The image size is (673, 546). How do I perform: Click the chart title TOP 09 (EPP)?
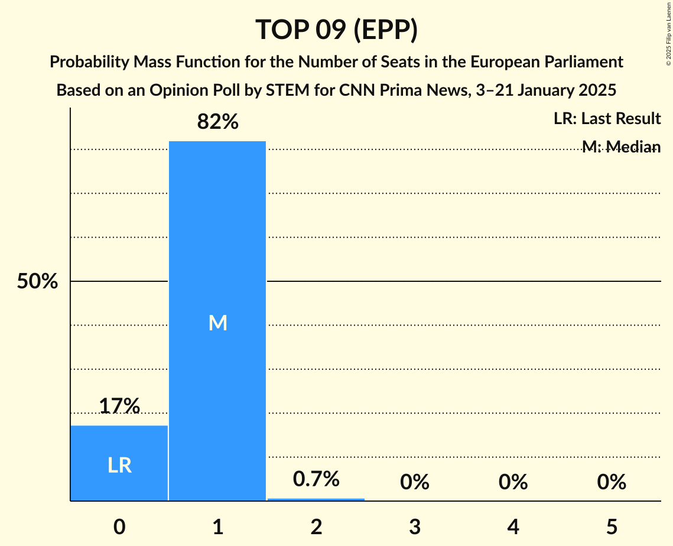336,30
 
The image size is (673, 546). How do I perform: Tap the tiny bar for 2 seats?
316,499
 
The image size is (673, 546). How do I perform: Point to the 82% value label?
217,122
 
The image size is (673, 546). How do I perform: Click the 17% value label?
119,406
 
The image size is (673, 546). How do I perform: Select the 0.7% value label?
316,479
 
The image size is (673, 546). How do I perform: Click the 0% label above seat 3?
414,482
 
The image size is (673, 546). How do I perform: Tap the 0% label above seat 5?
611,482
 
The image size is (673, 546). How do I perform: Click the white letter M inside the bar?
217,323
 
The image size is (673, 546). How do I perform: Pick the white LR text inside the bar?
119,466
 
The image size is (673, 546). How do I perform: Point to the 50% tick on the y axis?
37,281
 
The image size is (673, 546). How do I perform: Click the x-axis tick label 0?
119,526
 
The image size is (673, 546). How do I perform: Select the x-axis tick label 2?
316,526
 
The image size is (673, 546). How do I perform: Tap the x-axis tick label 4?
513,526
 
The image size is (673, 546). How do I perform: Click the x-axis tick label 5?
611,526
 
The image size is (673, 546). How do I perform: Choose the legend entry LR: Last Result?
607,119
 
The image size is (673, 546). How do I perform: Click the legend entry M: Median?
621,147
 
